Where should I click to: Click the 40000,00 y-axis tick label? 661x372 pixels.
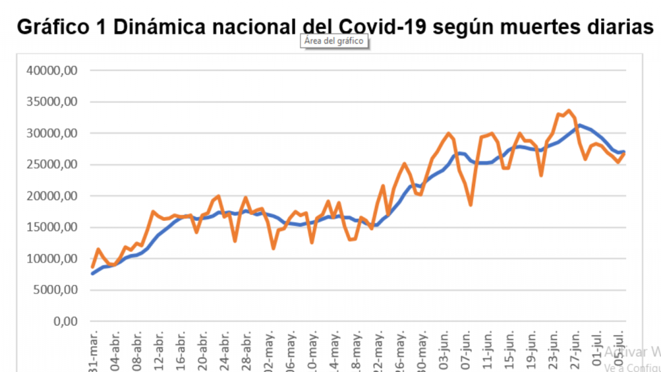(50, 70)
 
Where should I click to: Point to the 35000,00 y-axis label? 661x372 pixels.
(50, 102)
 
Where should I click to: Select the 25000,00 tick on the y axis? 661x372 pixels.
(50, 165)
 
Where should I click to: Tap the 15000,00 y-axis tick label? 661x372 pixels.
(50, 227)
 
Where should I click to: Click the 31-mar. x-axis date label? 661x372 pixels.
(93, 352)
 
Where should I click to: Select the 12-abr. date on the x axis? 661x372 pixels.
(159, 352)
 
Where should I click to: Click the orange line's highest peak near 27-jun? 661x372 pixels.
(569, 110)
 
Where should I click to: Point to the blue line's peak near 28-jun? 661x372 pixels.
(580, 125)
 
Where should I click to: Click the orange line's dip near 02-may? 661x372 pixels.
(274, 248)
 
